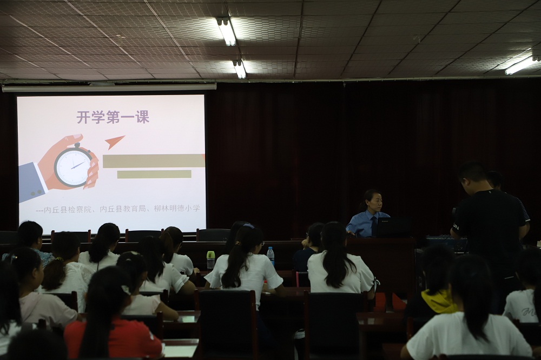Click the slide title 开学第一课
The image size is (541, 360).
point(113,117)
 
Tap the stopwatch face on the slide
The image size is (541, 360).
point(73,167)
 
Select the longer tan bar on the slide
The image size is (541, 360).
point(154,161)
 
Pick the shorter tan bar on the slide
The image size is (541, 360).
point(154,174)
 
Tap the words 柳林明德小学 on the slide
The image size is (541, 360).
point(177,208)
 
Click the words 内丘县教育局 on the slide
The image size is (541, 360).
point(122,209)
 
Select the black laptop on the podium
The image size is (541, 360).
point(394,227)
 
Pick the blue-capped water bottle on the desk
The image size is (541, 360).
point(271,256)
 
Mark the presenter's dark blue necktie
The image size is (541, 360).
point(374,226)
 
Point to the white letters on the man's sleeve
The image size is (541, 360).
point(456,227)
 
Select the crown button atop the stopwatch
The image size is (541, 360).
point(77,145)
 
